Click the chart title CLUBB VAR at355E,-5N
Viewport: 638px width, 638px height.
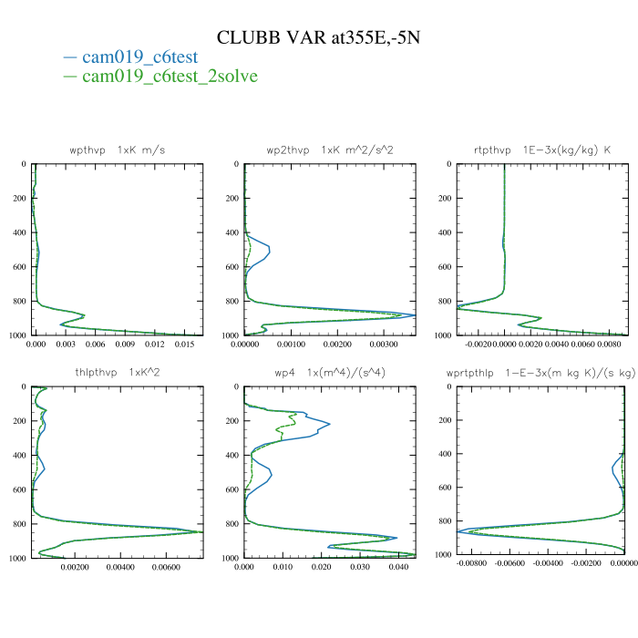point(319,37)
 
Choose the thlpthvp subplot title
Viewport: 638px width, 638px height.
point(118,373)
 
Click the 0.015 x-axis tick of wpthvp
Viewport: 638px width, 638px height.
point(184,346)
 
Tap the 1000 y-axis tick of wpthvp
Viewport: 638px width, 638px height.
point(18,335)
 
